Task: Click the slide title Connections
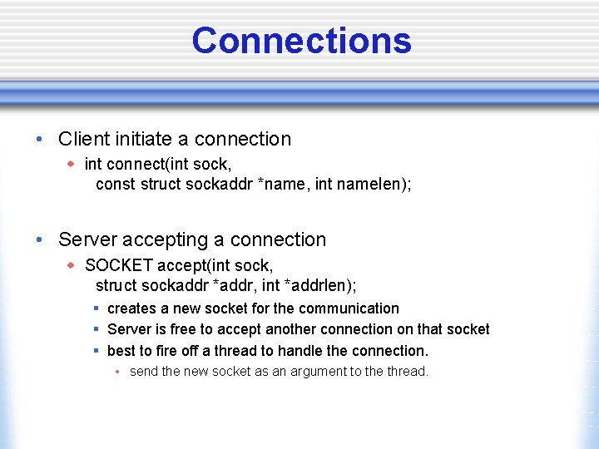[301, 40]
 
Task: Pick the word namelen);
[374, 184]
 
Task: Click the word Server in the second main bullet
[87, 239]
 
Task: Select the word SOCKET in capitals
[119, 265]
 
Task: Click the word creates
[131, 308]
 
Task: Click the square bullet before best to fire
[97, 351]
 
